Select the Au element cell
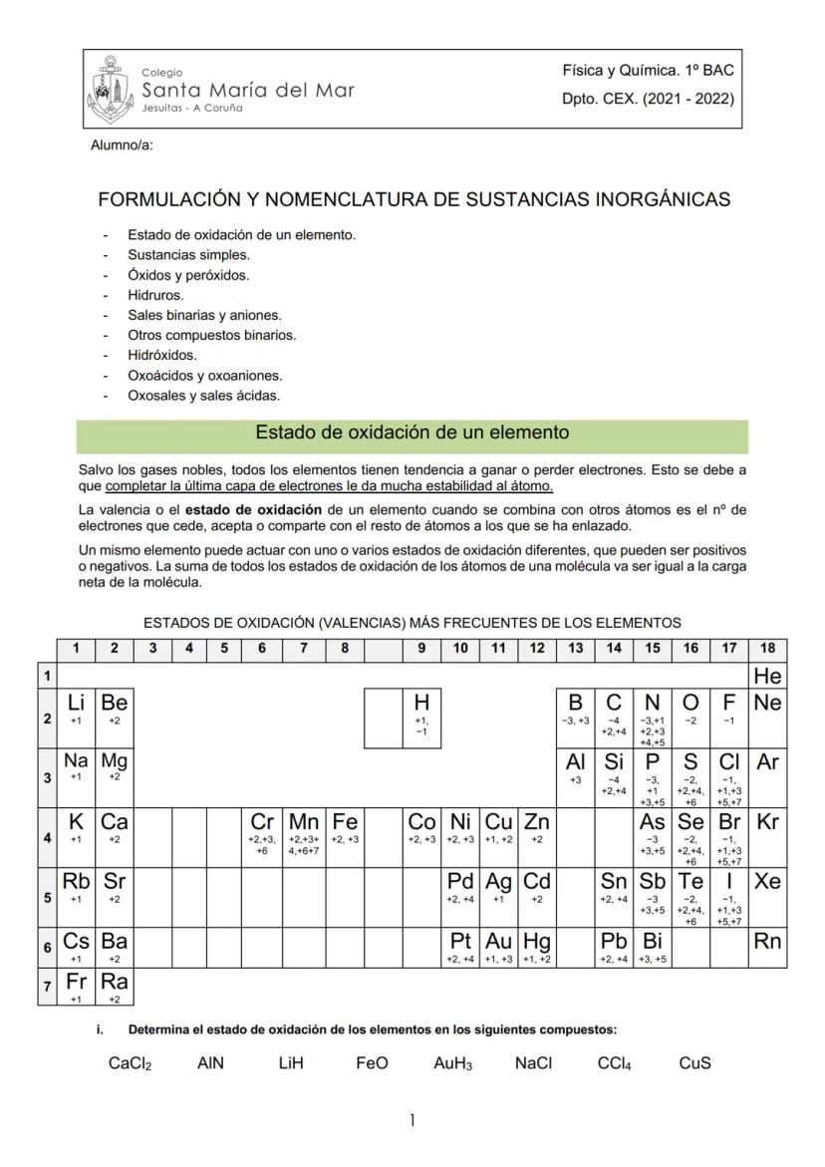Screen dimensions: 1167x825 [x=497, y=947]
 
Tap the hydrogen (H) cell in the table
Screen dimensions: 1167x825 [x=421, y=717]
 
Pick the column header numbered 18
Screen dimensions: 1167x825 [x=767, y=649]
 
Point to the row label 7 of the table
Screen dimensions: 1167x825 [x=47, y=987]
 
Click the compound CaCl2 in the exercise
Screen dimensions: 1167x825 [x=130, y=1063]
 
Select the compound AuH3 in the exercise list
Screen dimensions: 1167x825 [x=453, y=1063]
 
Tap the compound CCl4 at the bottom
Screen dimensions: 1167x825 [x=615, y=1063]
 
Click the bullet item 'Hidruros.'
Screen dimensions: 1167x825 [x=155, y=295]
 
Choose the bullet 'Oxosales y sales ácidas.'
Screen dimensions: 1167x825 [x=204, y=396]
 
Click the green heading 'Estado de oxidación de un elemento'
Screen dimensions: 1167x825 [x=412, y=434]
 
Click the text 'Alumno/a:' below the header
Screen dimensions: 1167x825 [x=122, y=146]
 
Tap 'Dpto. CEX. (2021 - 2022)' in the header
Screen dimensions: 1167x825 [x=648, y=99]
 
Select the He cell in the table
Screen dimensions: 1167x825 [x=767, y=676]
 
